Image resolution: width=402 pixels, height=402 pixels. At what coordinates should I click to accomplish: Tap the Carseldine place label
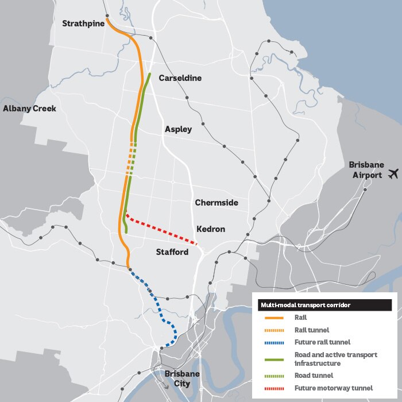tap(180, 78)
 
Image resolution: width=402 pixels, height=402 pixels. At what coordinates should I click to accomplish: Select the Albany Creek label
tap(29, 109)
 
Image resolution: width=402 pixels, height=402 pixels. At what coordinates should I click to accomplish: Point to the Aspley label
tap(178, 129)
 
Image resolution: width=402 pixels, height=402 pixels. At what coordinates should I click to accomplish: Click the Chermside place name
tap(217, 203)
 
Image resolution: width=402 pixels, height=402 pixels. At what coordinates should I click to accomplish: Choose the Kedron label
tap(211, 229)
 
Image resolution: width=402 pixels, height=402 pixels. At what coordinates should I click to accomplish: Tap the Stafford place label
tap(172, 252)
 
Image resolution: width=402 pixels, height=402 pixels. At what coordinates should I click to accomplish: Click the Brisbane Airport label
tap(366, 169)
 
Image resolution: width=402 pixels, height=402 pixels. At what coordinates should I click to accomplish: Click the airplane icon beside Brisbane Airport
tap(393, 173)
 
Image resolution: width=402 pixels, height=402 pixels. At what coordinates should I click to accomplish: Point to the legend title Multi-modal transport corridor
tap(306, 305)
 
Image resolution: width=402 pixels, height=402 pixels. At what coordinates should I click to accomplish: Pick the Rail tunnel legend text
tap(312, 330)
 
